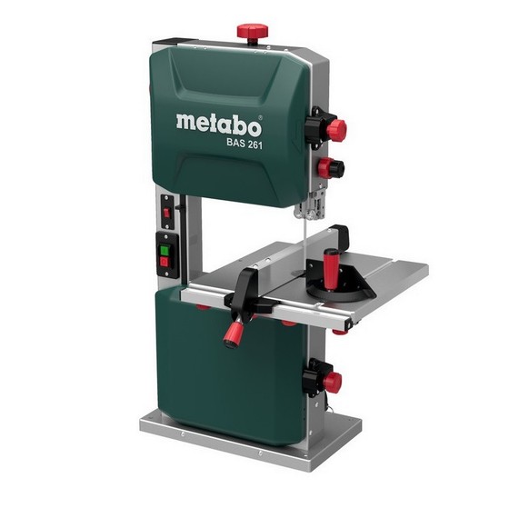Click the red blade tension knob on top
tap(253, 31)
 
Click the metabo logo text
tap(219, 125)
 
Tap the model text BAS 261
tap(245, 144)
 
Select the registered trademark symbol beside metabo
tap(260, 117)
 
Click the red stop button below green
tap(165, 262)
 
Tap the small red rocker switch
tap(167, 213)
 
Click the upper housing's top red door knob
tap(336, 130)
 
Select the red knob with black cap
tap(331, 168)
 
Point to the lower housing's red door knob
tap(332, 382)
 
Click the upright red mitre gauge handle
tap(331, 269)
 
